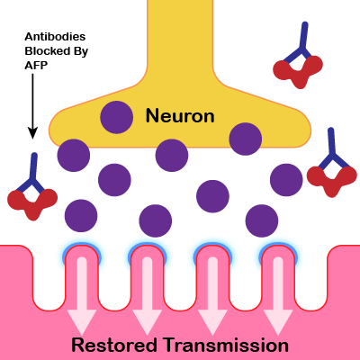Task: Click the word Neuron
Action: [x=180, y=116]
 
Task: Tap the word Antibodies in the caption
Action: [x=55, y=37]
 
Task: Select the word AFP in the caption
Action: [x=36, y=65]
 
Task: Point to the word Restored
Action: [x=114, y=345]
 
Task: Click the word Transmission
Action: [x=227, y=345]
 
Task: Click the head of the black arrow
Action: [x=32, y=133]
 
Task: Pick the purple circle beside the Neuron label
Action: [x=116, y=117]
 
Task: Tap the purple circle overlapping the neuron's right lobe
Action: [x=246, y=139]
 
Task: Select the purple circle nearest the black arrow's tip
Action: [x=74, y=156]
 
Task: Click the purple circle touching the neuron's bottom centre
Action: [x=172, y=156]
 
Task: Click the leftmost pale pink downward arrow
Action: [x=82, y=295]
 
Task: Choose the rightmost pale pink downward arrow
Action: [x=278, y=295]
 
